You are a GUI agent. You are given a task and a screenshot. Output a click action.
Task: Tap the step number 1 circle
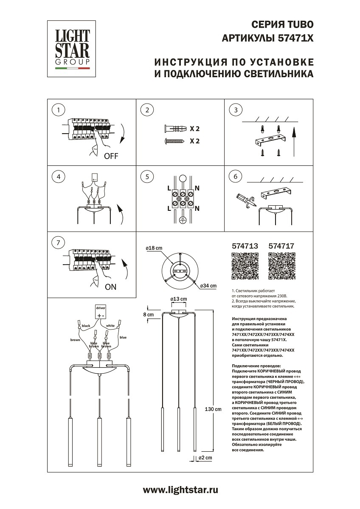(x=58, y=110)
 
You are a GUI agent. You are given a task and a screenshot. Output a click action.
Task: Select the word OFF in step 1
(x=111, y=156)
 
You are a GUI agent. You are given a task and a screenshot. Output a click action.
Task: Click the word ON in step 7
(x=110, y=287)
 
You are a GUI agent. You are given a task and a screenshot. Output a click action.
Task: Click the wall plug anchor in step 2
(x=174, y=128)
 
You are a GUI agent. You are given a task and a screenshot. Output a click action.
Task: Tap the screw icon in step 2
(x=174, y=141)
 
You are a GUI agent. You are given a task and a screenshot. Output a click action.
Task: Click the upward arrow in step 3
(x=293, y=136)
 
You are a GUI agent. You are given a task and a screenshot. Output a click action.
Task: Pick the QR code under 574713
(x=245, y=266)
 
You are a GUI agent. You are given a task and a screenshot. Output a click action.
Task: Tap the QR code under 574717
(x=281, y=266)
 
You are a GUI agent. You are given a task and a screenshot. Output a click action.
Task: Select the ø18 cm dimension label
(x=154, y=248)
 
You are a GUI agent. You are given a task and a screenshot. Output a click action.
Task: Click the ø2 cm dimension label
(x=205, y=458)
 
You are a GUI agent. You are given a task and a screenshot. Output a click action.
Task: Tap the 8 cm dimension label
(x=149, y=314)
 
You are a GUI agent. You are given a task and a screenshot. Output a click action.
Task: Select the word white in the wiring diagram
(x=110, y=326)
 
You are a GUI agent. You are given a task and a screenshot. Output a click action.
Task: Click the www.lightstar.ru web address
(x=180, y=490)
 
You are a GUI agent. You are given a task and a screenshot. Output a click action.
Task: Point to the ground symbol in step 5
(x=183, y=220)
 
